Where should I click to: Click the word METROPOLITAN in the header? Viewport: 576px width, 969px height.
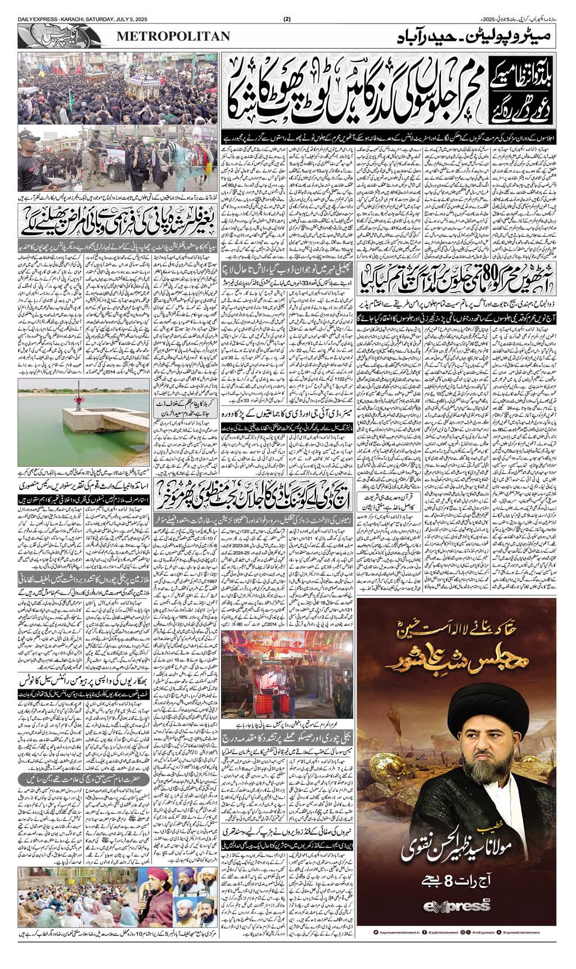click(174, 37)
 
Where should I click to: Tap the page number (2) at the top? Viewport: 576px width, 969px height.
click(287, 20)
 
